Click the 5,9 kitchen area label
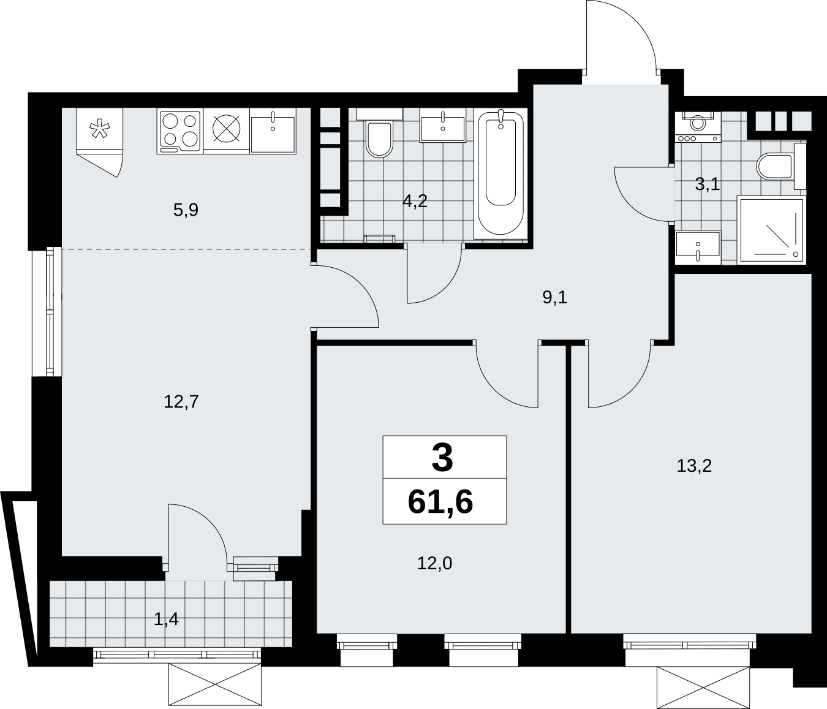point(186,210)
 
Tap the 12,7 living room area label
point(181,401)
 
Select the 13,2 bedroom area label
point(694,466)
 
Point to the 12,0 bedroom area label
point(434,563)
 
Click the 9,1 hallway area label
point(555,297)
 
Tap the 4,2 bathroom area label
point(415,201)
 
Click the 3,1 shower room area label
point(708,184)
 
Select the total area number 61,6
point(440,502)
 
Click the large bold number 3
point(442,458)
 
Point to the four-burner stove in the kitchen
point(180,132)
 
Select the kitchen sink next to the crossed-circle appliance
point(273,131)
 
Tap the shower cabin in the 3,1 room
point(771,230)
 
